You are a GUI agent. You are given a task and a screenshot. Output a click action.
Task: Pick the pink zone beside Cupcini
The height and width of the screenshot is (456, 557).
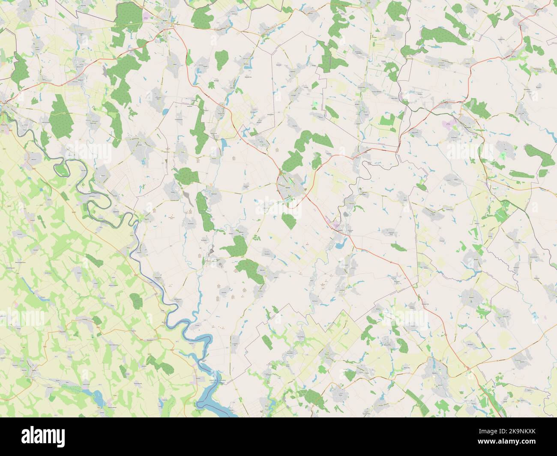pos(333,222)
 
